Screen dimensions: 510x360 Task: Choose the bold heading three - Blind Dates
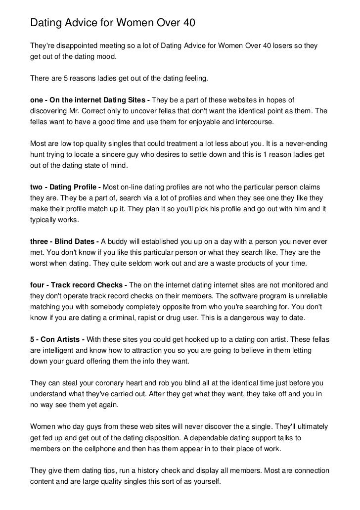pyautogui.click(x=65, y=242)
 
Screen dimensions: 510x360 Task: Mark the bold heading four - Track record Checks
pyautogui.click(x=79, y=285)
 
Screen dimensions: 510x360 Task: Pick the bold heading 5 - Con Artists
pyautogui.click(x=57, y=339)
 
